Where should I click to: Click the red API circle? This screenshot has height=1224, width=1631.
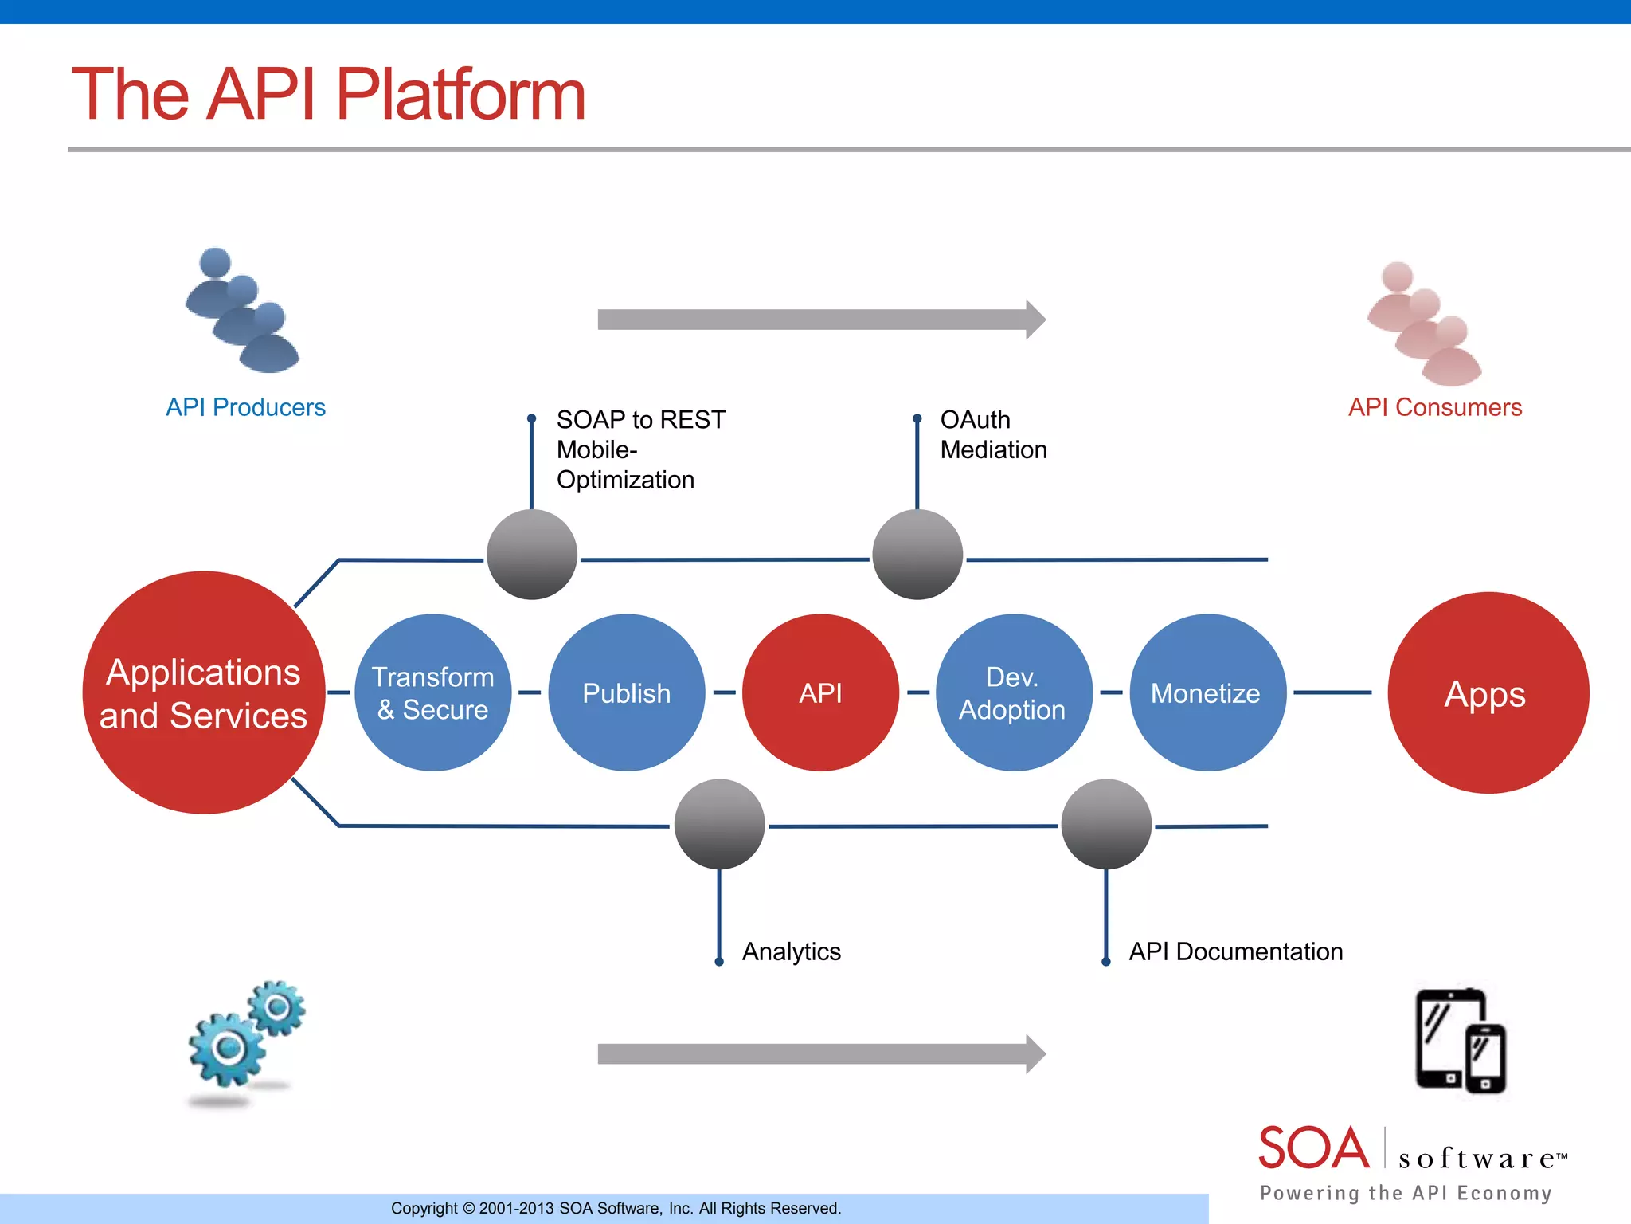820,692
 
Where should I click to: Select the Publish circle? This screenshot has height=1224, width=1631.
627,692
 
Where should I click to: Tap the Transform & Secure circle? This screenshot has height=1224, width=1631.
432,692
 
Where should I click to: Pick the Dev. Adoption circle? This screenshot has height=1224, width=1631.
1013,692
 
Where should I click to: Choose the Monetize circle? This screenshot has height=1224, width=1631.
1207,692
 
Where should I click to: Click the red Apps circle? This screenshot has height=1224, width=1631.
1487,692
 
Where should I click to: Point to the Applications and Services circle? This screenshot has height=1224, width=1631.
204,692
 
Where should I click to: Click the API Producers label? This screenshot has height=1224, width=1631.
245,407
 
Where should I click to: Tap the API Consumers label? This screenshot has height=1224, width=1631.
1434,407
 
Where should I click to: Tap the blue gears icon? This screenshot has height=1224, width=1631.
245,1036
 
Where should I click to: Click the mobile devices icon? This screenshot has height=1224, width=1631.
1460,1041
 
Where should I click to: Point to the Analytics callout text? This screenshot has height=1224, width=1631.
791,951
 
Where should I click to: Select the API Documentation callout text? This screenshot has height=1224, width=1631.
1235,951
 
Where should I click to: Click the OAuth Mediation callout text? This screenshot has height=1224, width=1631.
992,435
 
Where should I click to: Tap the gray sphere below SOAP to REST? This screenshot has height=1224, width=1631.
532,555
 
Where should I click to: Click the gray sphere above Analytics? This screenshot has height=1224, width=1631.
719,824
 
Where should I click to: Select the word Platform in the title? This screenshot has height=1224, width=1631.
460,95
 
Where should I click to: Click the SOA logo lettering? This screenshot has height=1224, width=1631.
1312,1148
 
